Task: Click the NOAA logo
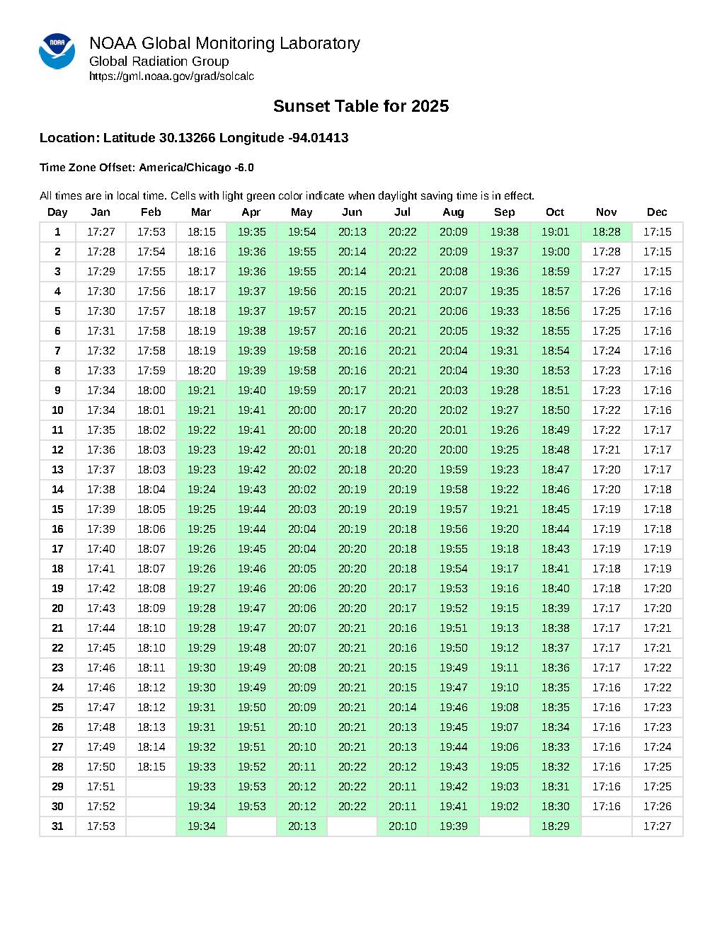pyautogui.click(x=57, y=51)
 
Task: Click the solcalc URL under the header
pyautogui.click(x=171, y=76)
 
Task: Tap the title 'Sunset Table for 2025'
pyautogui.click(x=360, y=106)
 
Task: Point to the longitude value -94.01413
pyautogui.click(x=319, y=138)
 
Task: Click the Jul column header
pyautogui.click(x=402, y=212)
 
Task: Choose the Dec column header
pyautogui.click(x=657, y=212)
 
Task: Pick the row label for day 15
pyautogui.click(x=57, y=509)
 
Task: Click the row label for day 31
pyautogui.click(x=57, y=826)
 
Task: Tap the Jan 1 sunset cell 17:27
pyautogui.click(x=101, y=232)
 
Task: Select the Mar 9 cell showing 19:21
pyautogui.click(x=201, y=391)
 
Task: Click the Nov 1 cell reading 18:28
pyautogui.click(x=606, y=232)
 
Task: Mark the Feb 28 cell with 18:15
pyautogui.click(x=151, y=767)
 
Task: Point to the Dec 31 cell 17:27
pyautogui.click(x=657, y=826)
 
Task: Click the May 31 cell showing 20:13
pyautogui.click(x=302, y=826)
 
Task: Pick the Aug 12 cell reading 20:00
pyautogui.click(x=453, y=450)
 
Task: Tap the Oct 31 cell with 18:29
pyautogui.click(x=555, y=826)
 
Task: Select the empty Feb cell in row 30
pyautogui.click(x=151, y=807)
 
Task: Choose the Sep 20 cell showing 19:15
pyautogui.click(x=504, y=609)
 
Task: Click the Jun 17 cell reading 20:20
pyautogui.click(x=352, y=549)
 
